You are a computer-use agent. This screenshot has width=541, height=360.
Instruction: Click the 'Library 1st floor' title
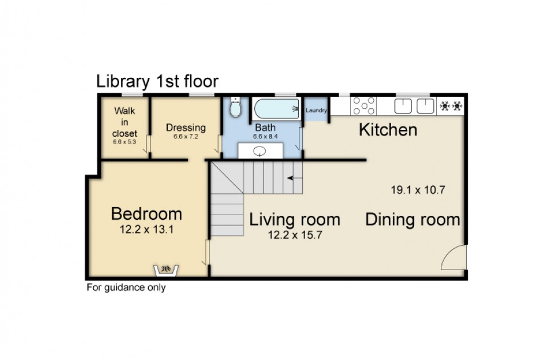pos(157,82)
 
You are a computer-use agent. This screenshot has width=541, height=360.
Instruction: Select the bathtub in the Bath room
pos(277,109)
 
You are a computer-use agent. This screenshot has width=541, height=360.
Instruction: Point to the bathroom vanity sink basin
pos(259,151)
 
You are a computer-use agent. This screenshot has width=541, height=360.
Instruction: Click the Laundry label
pos(316,110)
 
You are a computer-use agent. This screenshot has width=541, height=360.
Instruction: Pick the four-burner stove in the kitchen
pos(364,106)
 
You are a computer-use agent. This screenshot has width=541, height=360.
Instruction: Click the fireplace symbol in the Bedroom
pos(166,270)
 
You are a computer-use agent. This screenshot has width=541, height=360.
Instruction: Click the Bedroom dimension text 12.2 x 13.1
pos(147,230)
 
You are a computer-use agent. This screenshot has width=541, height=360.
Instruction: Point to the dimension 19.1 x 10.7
pos(418,190)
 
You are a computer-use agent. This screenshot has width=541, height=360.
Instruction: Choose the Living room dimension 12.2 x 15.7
pos(295,235)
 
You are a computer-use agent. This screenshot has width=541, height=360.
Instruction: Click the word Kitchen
pos(388,130)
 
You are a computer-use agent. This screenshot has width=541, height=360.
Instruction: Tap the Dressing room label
pos(185,127)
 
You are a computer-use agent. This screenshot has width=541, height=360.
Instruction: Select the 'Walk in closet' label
pos(125,122)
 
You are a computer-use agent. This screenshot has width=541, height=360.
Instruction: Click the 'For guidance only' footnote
pos(126,287)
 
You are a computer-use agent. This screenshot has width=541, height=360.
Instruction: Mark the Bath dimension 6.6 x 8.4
pos(265,136)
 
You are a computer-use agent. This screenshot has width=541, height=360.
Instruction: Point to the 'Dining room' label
pos(413,220)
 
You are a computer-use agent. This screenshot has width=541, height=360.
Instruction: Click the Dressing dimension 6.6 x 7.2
pos(185,136)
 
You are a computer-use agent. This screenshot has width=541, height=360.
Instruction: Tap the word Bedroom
pos(147,214)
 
